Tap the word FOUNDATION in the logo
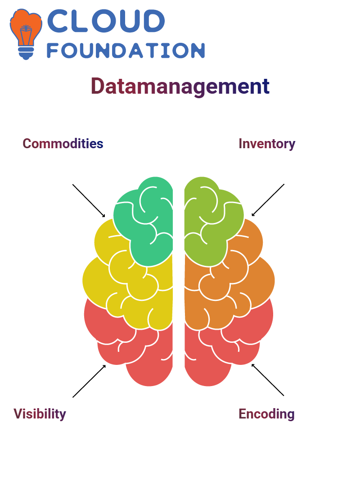126,50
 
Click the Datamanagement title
180,86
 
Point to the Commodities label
63,144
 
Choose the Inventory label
267,144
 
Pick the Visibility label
40,414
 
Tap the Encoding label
266,414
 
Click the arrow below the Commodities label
89,200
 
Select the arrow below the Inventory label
268,200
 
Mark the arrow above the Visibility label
89,381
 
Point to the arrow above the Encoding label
268,380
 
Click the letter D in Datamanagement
98,86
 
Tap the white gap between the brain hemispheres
179,279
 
